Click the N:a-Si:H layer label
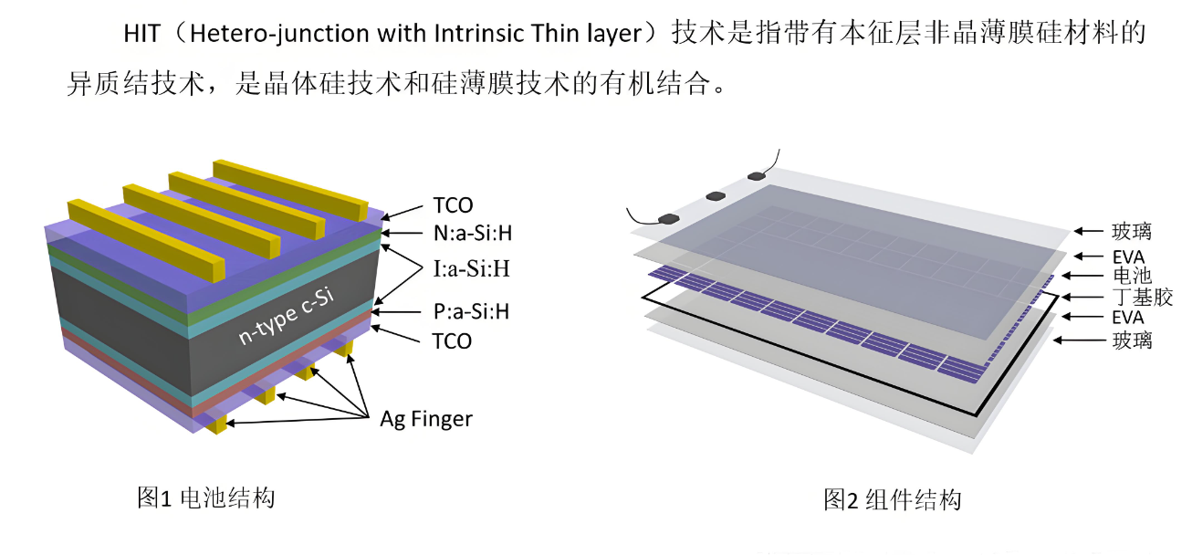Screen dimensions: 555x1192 471,234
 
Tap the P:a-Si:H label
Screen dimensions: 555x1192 469,311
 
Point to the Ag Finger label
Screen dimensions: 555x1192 426,419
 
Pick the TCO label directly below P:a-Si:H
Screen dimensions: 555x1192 451,341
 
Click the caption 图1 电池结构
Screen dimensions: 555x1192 205,498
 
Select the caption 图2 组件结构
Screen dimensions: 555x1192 892,500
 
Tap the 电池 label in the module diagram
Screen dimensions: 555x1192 1133,276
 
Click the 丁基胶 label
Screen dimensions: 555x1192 1143,297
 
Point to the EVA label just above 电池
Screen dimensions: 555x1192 1128,257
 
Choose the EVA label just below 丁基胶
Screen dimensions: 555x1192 1128,318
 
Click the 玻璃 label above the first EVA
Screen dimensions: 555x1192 1132,232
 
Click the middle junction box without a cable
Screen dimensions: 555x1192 714,195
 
